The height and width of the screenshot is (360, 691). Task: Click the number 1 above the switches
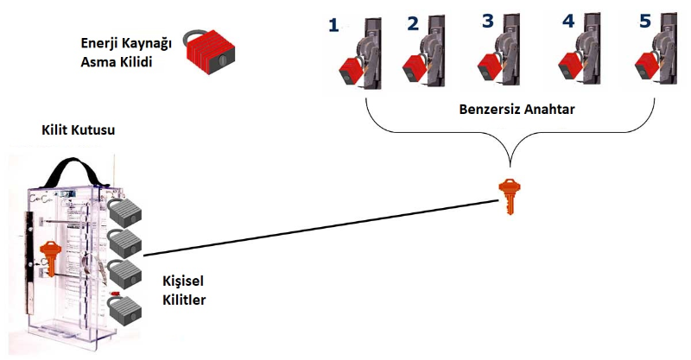tap(334, 26)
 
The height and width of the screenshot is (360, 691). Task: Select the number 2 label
tap(412, 23)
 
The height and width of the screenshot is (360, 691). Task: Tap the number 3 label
tap(488, 21)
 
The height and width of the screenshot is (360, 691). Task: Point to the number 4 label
tap(567, 21)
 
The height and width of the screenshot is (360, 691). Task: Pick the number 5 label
tap(644, 21)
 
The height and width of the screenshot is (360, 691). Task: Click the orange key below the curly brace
tap(510, 195)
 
